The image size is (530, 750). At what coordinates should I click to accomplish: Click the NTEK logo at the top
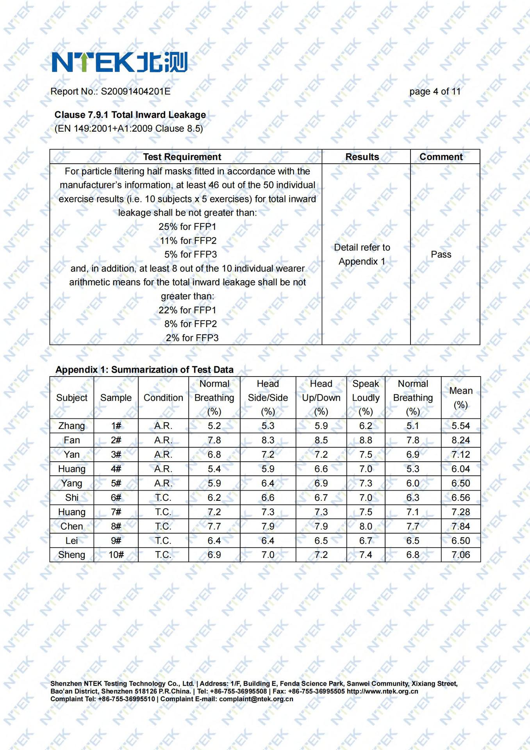coord(120,62)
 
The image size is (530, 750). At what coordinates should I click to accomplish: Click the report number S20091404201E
coord(136,91)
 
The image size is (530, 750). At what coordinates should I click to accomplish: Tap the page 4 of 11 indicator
coord(435,91)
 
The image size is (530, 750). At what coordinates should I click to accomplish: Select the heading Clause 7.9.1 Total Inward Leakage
coord(130,115)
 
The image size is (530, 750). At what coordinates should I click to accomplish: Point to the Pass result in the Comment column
coord(441,254)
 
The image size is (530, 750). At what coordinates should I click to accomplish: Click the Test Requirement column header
coord(182,157)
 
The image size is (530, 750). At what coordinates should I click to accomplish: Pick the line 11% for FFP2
coord(188,241)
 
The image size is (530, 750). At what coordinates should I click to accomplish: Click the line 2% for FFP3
coord(192,338)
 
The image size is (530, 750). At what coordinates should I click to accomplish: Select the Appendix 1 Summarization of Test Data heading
coord(144,370)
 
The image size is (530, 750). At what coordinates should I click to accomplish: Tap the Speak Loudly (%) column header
coord(366,398)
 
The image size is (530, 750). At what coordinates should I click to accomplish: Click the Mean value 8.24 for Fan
coord(460,440)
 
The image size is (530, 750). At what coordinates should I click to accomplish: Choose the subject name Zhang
coord(71,426)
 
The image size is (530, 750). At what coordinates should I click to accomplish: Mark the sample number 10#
coord(116,555)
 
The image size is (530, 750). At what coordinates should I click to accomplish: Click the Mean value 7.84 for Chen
coord(460,526)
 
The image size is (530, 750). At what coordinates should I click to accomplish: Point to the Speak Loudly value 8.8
coord(366,440)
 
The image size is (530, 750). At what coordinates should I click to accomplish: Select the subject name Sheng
coord(71,555)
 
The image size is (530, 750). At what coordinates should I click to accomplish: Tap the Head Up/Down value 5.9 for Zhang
coord(321,426)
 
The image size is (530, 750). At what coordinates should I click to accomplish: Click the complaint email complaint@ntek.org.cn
coord(256,699)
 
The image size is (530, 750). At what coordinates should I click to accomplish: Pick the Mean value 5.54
coord(460,426)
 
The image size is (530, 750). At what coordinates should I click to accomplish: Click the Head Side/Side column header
coord(268,398)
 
